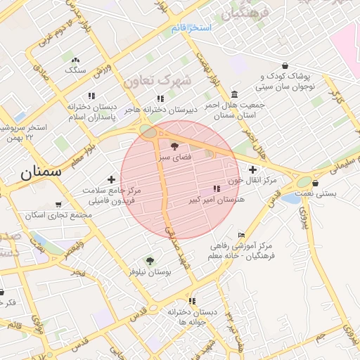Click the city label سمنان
point(41,171)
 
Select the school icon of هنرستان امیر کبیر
point(217,188)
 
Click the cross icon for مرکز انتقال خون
point(253,169)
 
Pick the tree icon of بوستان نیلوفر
point(148,260)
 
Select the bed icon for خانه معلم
point(242,235)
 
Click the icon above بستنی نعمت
point(315,184)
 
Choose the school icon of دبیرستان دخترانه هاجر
point(160,98)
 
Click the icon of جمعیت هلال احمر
point(233,94)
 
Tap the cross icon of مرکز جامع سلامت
point(111,180)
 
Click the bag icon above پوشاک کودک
point(284,65)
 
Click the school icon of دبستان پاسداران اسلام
point(91,96)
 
